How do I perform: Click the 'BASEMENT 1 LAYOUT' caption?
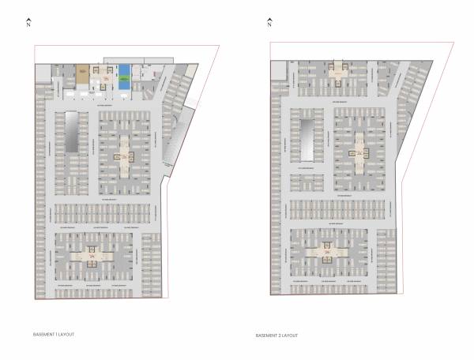click(x=54, y=335)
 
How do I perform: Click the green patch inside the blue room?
click(x=124, y=80)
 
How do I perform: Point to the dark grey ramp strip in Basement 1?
click(x=71, y=133)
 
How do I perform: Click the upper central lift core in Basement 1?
click(x=125, y=150)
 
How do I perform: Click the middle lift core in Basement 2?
click(x=360, y=149)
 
